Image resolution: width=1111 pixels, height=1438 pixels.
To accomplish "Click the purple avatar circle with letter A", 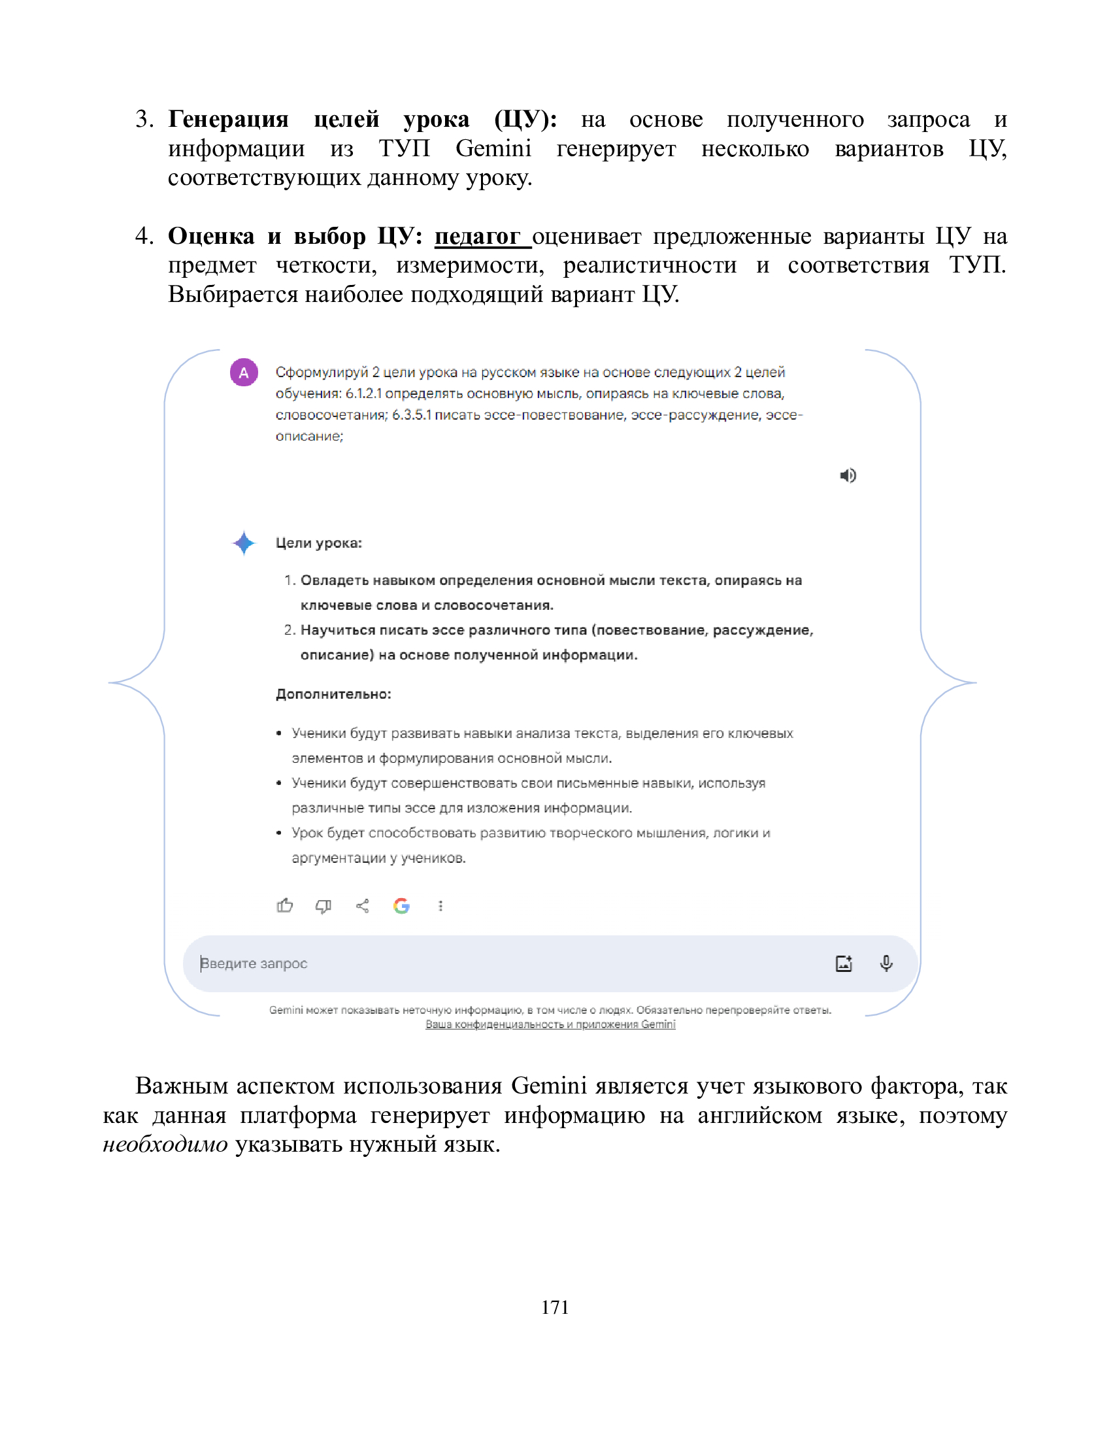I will pos(244,373).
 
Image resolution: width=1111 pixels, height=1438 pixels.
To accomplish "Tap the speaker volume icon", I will pos(848,475).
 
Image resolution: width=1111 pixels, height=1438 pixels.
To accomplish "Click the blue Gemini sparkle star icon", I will pos(244,543).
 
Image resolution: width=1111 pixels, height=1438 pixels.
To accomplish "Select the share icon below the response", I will pos(362,906).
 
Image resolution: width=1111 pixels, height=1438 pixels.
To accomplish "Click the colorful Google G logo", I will pos(401,906).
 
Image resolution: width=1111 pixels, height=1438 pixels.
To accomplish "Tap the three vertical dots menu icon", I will pos(440,906).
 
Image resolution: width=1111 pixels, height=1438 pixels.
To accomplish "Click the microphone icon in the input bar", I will pos(886,963).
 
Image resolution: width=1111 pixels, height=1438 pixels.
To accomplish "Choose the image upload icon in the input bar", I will pos(844,963).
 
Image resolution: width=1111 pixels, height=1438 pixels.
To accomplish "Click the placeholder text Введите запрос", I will pos(254,963).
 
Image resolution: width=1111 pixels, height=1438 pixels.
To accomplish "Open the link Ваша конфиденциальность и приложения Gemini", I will pos(550,1024).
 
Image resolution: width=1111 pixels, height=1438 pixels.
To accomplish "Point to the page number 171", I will pos(555,1307).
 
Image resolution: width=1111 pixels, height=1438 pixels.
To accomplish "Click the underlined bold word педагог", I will pos(477,236).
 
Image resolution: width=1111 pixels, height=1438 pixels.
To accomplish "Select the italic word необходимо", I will pos(165,1145).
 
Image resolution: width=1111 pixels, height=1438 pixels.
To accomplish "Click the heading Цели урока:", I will pos(318,543).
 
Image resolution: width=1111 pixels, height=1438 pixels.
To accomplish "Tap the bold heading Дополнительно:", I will pos(333,694).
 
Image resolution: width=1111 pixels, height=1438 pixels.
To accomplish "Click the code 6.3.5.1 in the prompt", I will pos(411,415).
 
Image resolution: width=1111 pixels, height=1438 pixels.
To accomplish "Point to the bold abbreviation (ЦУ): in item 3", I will pos(526,119).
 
